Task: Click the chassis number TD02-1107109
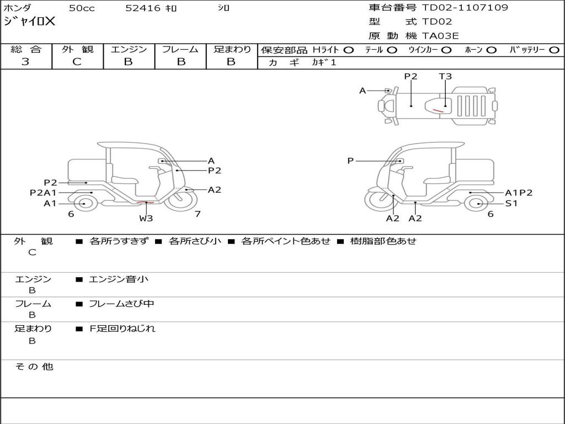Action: (x=465, y=8)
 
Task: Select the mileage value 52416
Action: (x=143, y=8)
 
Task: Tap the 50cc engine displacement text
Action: (x=81, y=8)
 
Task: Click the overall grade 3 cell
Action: (x=25, y=62)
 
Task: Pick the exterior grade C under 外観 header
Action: (x=77, y=62)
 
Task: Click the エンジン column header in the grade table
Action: (x=129, y=49)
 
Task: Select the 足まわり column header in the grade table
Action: (x=232, y=49)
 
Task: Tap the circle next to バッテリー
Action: (x=555, y=50)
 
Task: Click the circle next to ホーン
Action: (x=492, y=50)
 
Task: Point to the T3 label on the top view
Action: (x=445, y=77)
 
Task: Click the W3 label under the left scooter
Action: (x=146, y=218)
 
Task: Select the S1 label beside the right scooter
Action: (x=511, y=203)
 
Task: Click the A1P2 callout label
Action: (x=519, y=193)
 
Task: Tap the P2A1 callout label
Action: (x=43, y=193)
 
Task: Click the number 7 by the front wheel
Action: (x=197, y=214)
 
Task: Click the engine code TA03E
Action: (x=440, y=36)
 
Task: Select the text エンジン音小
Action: (x=119, y=279)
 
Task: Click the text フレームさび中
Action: (x=121, y=304)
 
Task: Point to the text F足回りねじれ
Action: (x=122, y=328)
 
